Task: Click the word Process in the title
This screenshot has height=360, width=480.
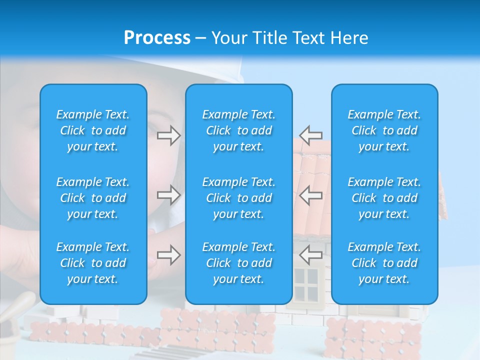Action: point(157,38)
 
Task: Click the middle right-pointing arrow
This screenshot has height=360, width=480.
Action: point(168,195)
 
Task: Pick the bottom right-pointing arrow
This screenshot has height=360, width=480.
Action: point(168,255)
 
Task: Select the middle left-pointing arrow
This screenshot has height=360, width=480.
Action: point(311,195)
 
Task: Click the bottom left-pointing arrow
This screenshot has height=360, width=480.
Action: point(311,255)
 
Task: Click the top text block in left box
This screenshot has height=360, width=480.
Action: point(93,130)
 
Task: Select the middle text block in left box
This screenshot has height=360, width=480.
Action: point(93,198)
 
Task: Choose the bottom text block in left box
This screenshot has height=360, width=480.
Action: point(93,263)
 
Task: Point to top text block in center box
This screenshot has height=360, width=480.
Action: point(239,130)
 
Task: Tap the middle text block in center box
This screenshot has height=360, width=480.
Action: point(239,198)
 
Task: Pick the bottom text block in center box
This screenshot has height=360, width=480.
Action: point(239,263)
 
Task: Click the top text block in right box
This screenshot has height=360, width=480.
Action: point(384,130)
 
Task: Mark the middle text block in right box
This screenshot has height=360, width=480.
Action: point(384,198)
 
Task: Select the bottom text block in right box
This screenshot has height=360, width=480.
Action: point(384,263)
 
